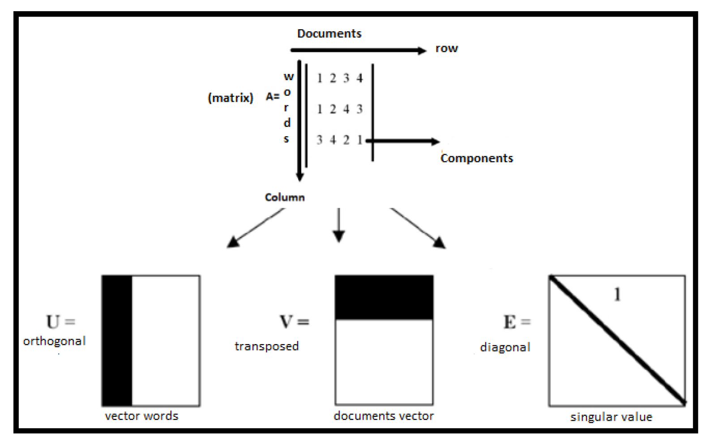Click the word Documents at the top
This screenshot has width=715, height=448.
[329, 34]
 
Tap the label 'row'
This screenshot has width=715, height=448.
[446, 48]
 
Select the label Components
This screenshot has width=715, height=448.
[476, 158]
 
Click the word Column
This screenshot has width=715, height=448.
[285, 197]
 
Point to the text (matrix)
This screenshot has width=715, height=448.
[231, 98]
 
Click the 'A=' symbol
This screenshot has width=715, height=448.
[272, 97]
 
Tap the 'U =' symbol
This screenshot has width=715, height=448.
[60, 322]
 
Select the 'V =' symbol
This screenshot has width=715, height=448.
[294, 322]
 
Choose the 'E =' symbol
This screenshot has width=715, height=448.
[517, 322]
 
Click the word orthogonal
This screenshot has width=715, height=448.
[54, 341]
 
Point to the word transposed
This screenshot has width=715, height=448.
[266, 346]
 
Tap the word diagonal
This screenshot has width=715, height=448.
[505, 348]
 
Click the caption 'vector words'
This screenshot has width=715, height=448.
[141, 416]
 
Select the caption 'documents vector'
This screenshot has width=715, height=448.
[384, 416]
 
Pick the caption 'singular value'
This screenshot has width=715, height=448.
[611, 417]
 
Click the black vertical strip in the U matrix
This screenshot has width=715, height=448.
[117, 340]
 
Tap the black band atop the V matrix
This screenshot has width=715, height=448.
[384, 297]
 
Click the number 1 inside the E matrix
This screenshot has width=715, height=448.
[617, 294]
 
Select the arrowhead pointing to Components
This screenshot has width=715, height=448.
[435, 142]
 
